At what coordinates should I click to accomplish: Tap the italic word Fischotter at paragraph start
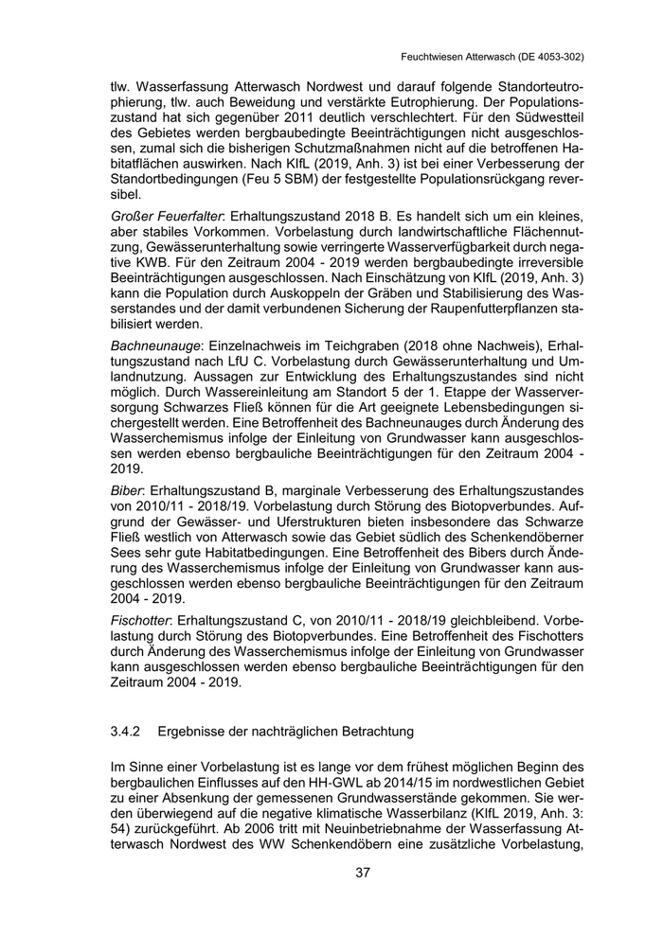[140, 617]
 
